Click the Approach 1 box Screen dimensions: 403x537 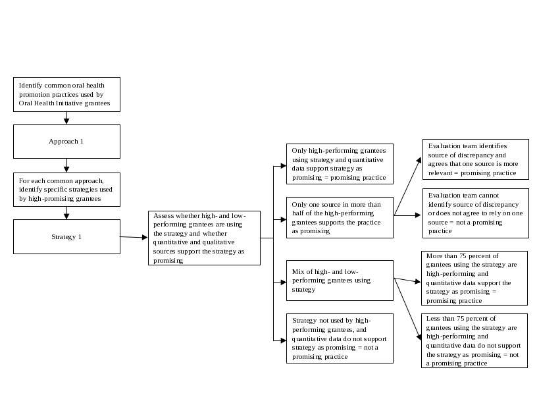(66, 142)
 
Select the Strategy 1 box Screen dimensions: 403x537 (66, 236)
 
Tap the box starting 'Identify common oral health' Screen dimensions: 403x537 (66, 94)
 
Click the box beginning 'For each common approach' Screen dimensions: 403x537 (66, 189)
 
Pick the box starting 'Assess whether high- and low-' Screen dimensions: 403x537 (204, 238)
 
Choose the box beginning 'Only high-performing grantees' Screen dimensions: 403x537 (340, 164)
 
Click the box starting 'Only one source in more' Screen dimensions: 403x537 (340, 217)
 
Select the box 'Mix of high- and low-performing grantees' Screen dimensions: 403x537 (340, 280)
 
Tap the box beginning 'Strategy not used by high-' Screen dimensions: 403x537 (340, 338)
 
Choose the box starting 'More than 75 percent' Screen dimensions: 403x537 (474, 278)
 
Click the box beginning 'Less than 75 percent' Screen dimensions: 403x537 (474, 340)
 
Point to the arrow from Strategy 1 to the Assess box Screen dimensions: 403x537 (134, 237)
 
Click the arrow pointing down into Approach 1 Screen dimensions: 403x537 (66, 117)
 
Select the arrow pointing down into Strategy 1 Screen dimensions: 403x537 (66, 213)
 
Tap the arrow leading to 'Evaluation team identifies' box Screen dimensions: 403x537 (408, 187)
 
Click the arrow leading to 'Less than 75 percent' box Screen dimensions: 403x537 (408, 309)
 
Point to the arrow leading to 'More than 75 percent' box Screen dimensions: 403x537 (408, 281)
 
